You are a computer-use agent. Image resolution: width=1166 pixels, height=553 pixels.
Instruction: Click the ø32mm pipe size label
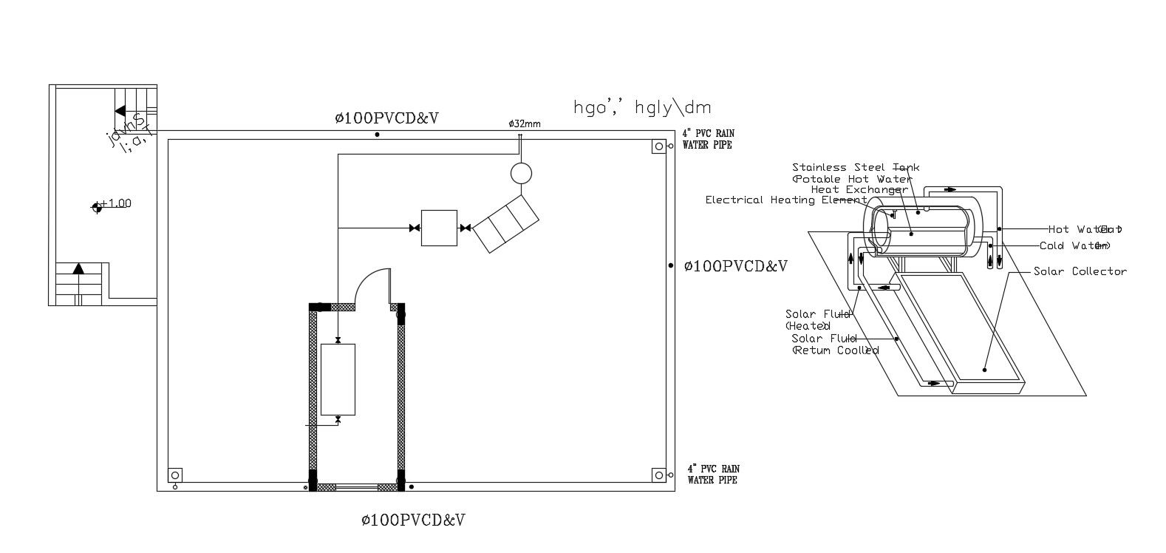(525, 124)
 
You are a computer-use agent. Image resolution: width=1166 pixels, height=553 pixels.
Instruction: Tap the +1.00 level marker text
(115, 203)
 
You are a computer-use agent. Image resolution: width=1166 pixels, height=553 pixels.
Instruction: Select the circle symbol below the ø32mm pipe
(521, 173)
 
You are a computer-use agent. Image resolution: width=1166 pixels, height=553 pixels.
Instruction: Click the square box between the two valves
(439, 228)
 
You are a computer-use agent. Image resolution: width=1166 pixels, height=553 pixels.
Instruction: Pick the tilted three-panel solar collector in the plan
(506, 223)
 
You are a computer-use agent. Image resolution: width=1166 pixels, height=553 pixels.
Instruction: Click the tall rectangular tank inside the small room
(338, 379)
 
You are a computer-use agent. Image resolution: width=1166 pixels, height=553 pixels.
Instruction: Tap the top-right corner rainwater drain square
(658, 146)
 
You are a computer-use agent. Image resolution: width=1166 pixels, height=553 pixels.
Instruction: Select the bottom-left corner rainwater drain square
(175, 475)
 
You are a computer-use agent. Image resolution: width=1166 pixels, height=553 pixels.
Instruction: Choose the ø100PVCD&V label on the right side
(735, 266)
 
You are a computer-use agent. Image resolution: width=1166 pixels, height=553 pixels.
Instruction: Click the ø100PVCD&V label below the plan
(413, 520)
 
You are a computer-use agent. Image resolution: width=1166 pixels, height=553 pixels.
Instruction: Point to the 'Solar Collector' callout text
(1080, 272)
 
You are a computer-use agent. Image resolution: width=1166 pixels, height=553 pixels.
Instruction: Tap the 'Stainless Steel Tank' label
(856, 168)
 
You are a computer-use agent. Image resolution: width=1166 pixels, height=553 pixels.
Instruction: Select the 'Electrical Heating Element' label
(785, 200)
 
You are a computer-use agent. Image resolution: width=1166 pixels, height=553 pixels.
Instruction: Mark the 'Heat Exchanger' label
(859, 189)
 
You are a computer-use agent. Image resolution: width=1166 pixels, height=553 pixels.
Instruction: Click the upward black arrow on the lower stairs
(78, 268)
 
